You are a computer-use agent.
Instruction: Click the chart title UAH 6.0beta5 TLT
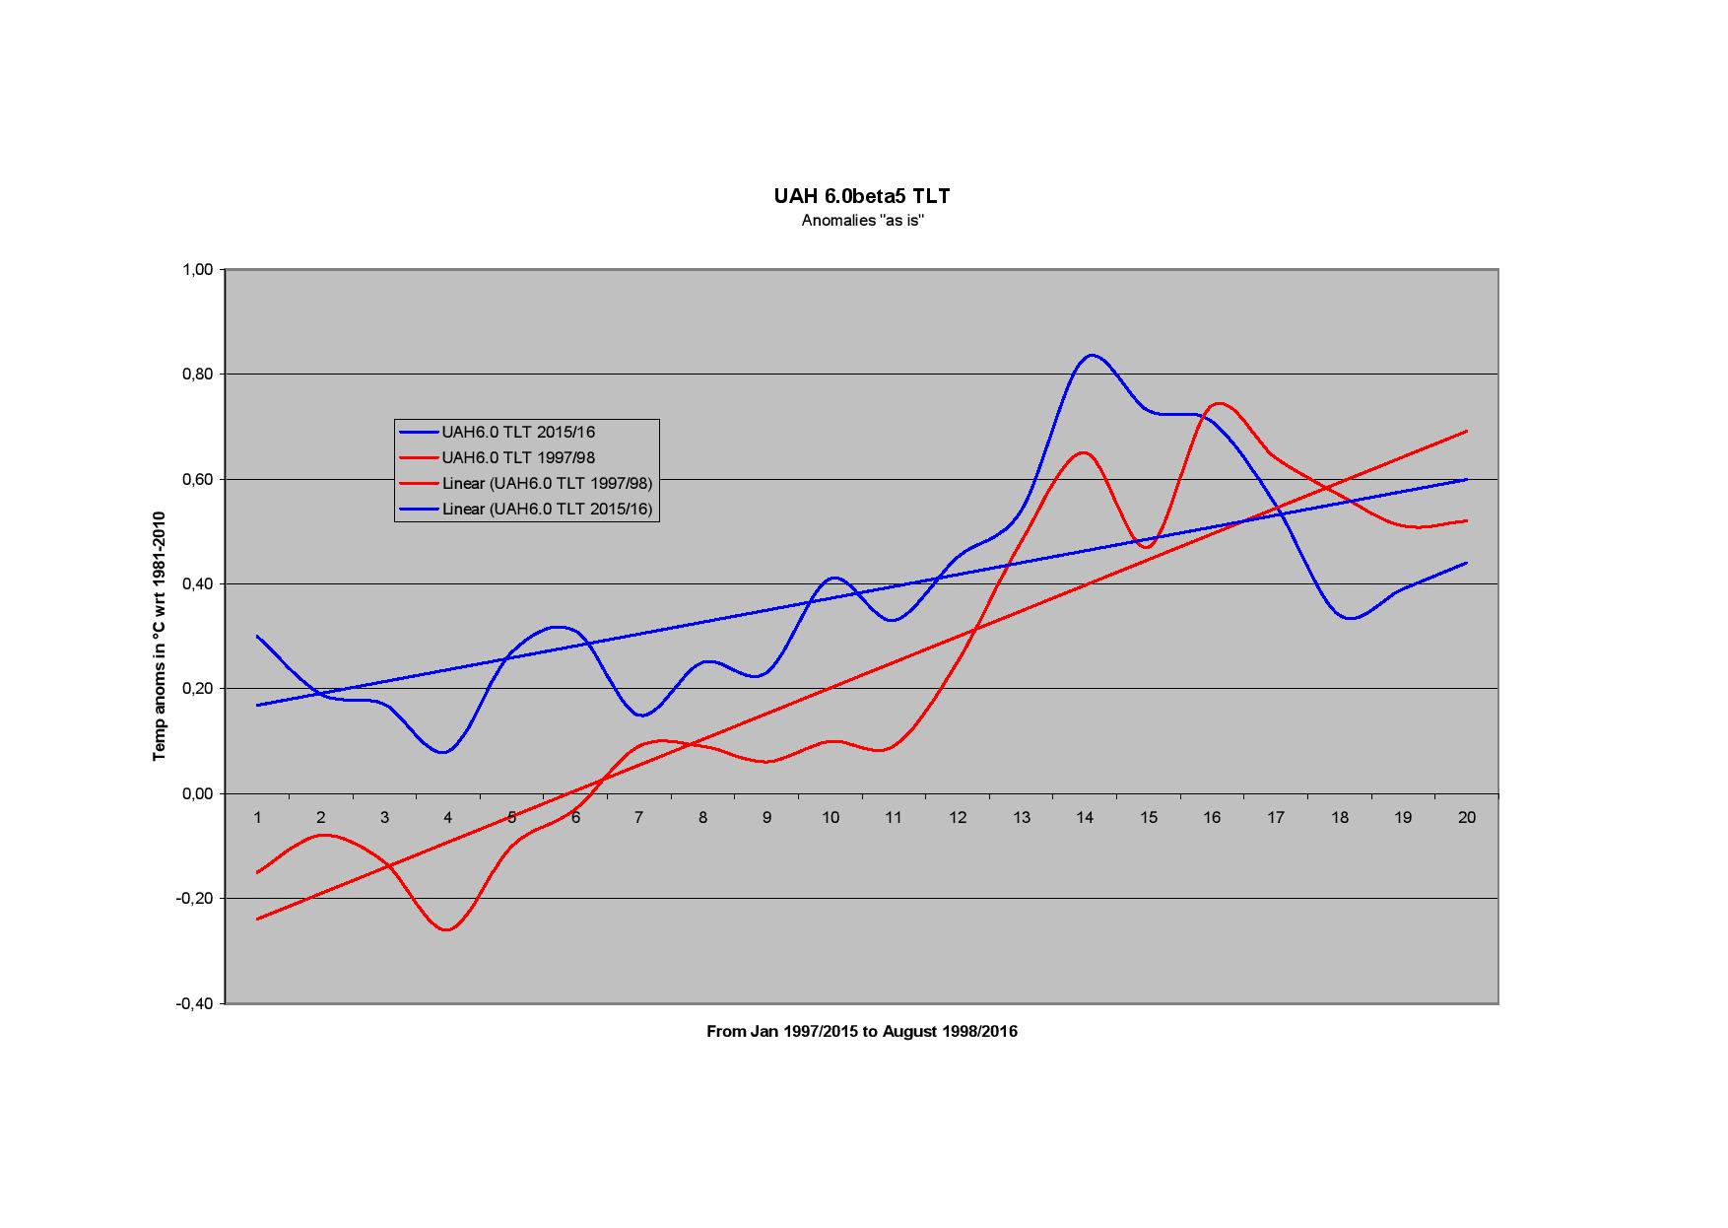[x=862, y=196]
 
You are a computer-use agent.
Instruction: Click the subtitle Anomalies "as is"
[x=862, y=221]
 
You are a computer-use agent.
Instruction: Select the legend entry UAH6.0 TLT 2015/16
[x=518, y=432]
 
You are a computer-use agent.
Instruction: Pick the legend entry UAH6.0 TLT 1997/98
[x=518, y=457]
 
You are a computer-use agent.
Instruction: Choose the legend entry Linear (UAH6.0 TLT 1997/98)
[x=547, y=483]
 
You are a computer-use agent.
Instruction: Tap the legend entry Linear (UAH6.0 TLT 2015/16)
[x=547, y=509]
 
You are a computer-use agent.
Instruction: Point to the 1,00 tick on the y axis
[x=198, y=269]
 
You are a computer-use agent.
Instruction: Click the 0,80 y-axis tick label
[x=198, y=375]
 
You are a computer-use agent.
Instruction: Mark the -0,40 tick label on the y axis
[x=195, y=1003]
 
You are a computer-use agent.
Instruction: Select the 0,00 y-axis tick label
[x=198, y=793]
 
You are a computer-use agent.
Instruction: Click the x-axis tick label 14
[x=1085, y=817]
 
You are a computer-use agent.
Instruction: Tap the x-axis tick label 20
[x=1466, y=817]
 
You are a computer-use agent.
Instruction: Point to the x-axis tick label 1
[x=258, y=817]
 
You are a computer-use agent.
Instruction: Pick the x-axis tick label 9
[x=766, y=817]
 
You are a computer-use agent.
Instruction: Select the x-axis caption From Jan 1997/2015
[x=862, y=1032]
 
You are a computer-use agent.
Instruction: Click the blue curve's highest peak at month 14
[x=1091, y=355]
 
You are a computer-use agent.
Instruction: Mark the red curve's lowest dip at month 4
[x=448, y=929]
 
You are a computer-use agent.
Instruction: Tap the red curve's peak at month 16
[x=1219, y=403]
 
